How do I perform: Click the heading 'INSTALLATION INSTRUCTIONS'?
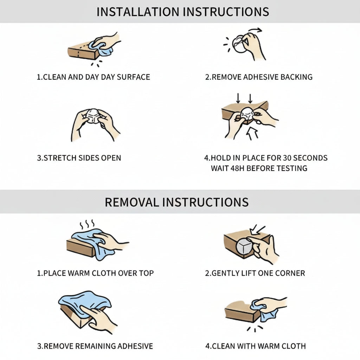click(183, 12)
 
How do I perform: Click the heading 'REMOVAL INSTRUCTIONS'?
click(176, 202)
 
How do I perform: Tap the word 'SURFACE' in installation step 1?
click(133, 77)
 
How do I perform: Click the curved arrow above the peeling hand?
click(255, 30)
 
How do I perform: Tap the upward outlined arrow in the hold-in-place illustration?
click(252, 134)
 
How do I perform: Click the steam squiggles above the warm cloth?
click(87, 224)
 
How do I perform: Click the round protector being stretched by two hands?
click(93, 116)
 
